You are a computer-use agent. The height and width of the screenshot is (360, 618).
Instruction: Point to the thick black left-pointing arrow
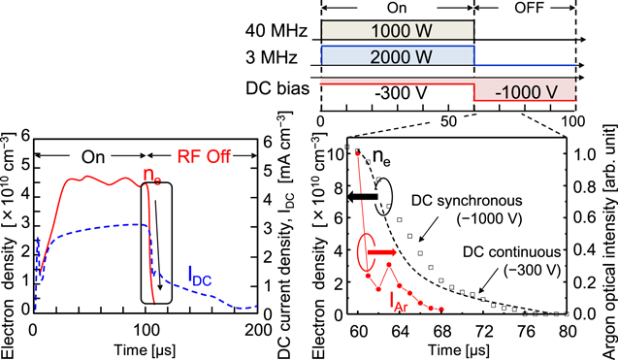361,198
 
